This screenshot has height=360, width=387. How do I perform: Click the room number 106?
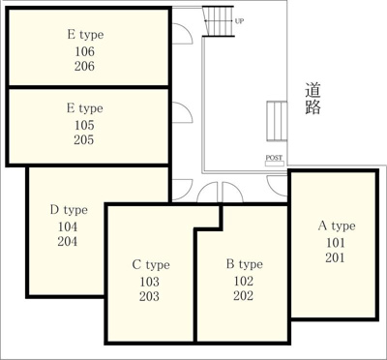(x=84, y=51)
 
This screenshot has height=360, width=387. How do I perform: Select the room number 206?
(x=84, y=66)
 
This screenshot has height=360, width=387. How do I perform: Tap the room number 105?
(x=84, y=125)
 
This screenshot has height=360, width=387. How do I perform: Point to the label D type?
(x=69, y=209)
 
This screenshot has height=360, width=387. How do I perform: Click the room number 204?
(x=68, y=242)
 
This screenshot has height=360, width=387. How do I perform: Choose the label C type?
(x=150, y=264)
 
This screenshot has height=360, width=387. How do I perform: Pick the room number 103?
(x=150, y=282)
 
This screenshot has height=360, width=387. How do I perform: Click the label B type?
(x=244, y=264)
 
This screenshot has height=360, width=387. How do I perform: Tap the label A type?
(x=336, y=226)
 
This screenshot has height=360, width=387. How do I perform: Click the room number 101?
(x=335, y=243)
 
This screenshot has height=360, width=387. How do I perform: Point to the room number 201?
(x=335, y=258)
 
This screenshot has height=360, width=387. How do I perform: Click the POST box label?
(x=275, y=159)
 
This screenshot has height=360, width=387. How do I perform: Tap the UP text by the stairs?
(x=239, y=19)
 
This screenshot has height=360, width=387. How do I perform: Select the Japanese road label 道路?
(x=313, y=99)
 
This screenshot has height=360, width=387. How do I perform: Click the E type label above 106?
(x=84, y=35)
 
